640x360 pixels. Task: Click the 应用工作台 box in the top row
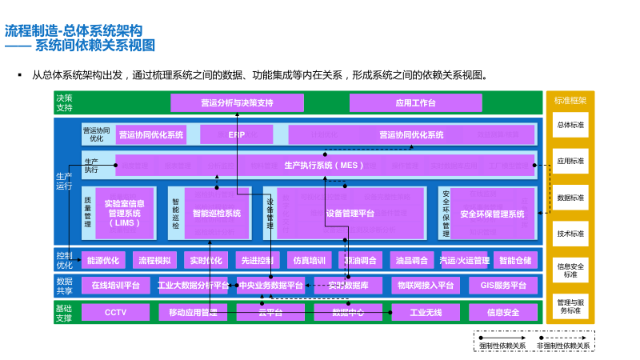click(415, 103)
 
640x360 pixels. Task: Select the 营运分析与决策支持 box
click(238, 103)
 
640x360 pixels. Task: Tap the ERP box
click(237, 134)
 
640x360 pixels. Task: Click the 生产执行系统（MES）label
click(324, 166)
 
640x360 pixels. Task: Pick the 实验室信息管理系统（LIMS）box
click(124, 214)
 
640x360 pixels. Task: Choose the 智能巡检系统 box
click(217, 214)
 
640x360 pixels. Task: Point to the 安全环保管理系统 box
click(492, 214)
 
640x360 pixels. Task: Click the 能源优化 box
click(103, 260)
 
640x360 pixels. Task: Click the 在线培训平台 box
click(115, 286)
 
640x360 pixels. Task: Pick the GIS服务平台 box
click(503, 286)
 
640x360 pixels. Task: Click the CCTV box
click(115, 312)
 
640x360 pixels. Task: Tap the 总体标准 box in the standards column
click(570, 125)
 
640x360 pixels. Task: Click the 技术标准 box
click(570, 234)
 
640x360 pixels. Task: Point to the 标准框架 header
click(570, 101)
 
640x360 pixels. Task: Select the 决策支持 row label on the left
click(64, 103)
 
